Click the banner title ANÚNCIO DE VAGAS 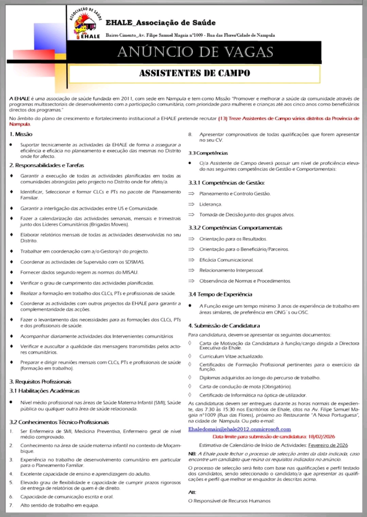pyautogui.click(x=195, y=53)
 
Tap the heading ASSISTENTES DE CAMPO pyautogui.click(x=195, y=73)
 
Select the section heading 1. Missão pyautogui.click(x=21, y=134)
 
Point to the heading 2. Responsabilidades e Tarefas pyautogui.click(x=46, y=165)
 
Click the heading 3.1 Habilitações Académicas pyautogui.click(x=45, y=391)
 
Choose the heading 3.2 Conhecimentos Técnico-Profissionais pyautogui.click(x=59, y=422)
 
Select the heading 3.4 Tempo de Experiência pyautogui.click(x=220, y=294)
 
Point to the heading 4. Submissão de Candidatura pyautogui.click(x=224, y=325)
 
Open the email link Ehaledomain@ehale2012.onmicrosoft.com pyautogui.click(x=240, y=429)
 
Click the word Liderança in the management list pyautogui.click(x=211, y=204)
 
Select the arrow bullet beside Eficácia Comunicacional pyautogui.click(x=192, y=260)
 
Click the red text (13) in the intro pyautogui.click(x=223, y=119)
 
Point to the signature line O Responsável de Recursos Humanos pyautogui.click(x=229, y=501)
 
